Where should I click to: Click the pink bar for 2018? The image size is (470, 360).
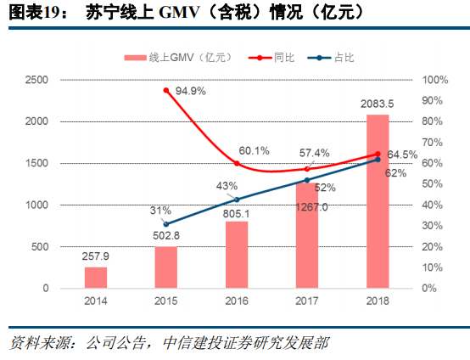click(378, 201)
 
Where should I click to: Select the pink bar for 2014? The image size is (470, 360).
click(96, 278)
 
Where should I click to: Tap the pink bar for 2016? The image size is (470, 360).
click(237, 255)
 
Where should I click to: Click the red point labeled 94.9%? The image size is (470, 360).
click(166, 90)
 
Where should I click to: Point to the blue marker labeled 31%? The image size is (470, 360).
click(166, 224)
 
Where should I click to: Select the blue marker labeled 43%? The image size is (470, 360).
click(237, 200)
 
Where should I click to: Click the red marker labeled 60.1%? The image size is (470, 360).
click(237, 163)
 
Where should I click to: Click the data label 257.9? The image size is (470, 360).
click(96, 256)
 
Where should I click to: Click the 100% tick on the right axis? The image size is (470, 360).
click(434, 80)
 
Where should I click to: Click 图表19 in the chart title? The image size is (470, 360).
click(27, 12)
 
